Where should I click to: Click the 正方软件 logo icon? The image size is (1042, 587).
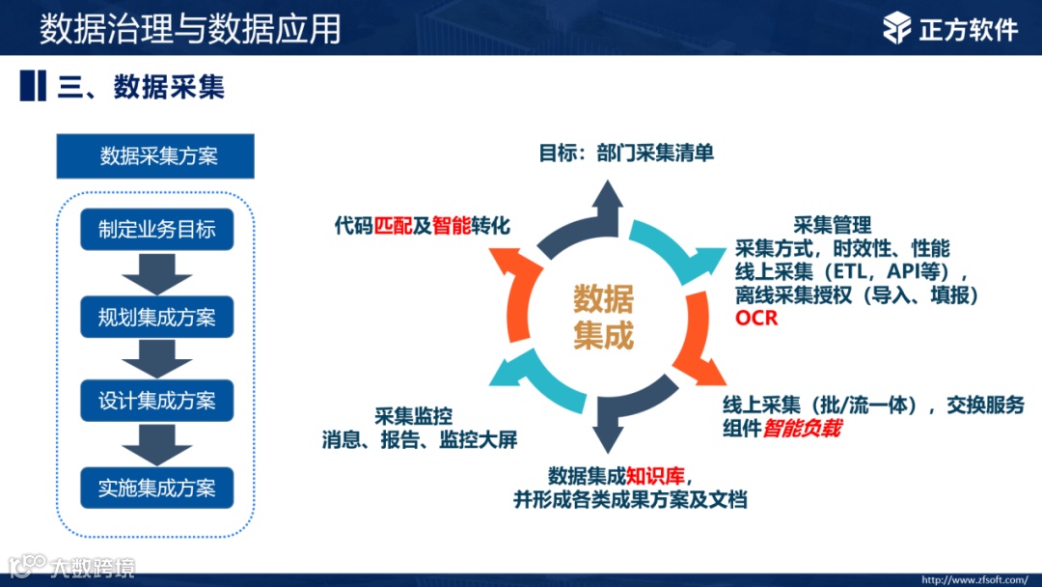coord(896,28)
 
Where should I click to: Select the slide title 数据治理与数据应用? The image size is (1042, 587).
coord(190,29)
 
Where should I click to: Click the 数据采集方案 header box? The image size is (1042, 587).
coord(155,156)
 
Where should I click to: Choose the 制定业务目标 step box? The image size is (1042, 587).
coord(156,230)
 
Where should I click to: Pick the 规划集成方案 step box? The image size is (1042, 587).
coord(156,317)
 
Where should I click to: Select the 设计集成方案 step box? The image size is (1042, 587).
coord(156,401)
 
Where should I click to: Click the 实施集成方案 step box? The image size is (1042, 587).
coord(156,488)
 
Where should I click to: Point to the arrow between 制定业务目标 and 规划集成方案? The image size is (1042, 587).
coord(156,273)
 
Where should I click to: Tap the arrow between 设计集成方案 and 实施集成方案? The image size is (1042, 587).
coord(156,445)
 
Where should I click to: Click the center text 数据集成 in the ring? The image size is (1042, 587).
coord(604,318)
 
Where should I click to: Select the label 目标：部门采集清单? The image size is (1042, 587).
coord(625,153)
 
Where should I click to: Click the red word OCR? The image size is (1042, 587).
coord(755,318)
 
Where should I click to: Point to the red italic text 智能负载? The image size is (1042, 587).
coord(801,428)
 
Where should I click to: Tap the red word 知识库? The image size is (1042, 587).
coord(656,475)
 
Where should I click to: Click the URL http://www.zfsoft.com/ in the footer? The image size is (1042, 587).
coord(973,580)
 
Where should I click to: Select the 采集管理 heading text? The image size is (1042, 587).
coord(832,225)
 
